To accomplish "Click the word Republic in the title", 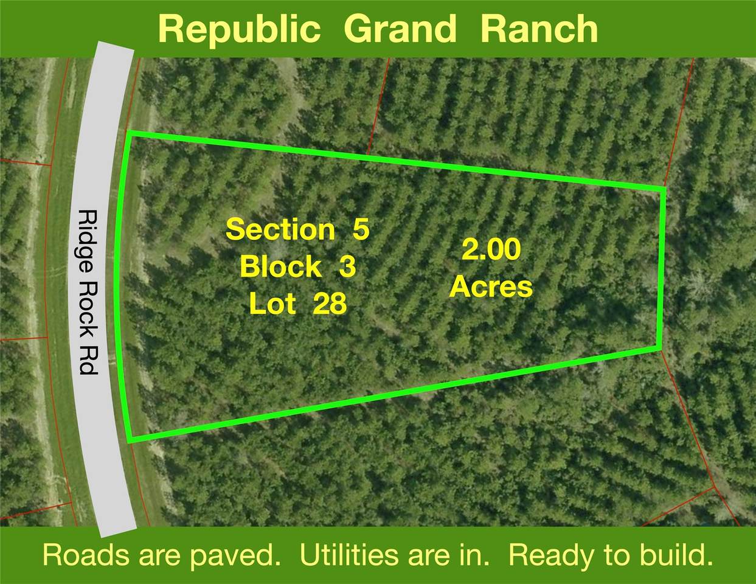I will (239, 29).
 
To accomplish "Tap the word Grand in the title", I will (400, 29).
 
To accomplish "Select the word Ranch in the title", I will (539, 29).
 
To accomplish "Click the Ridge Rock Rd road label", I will (89, 292).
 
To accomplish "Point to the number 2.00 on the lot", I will (491, 250).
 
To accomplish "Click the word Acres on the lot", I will (491, 286).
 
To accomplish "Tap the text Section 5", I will (297, 230).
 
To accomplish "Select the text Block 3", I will (297, 266).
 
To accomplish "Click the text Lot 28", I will (297, 304).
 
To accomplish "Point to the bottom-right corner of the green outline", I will (660, 347).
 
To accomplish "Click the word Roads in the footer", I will (86, 555).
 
